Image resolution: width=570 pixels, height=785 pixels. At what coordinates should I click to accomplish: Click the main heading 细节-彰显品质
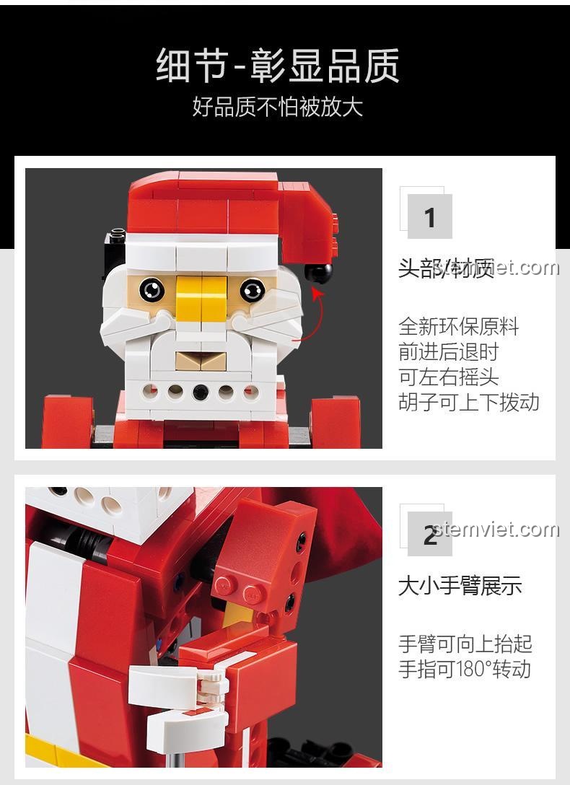(x=278, y=66)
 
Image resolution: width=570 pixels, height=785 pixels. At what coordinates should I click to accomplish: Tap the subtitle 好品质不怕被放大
(x=278, y=107)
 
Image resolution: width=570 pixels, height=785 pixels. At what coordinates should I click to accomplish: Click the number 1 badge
(x=430, y=216)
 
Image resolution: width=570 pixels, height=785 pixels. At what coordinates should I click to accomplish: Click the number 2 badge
(x=430, y=535)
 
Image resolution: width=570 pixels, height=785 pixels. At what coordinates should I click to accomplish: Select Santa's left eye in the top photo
(x=152, y=289)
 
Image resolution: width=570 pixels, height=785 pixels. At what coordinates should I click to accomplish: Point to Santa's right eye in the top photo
(x=252, y=290)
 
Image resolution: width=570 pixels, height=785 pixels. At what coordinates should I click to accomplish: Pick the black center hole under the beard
(x=201, y=392)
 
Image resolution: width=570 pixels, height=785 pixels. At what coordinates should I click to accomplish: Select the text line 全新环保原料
(x=458, y=326)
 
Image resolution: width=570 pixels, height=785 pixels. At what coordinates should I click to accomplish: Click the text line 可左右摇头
(x=448, y=377)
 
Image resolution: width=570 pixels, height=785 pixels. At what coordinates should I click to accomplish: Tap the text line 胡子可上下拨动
(x=468, y=402)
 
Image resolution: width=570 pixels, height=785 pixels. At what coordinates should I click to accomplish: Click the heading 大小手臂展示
(x=459, y=585)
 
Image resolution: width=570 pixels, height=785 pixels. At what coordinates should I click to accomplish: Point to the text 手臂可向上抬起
(x=465, y=643)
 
